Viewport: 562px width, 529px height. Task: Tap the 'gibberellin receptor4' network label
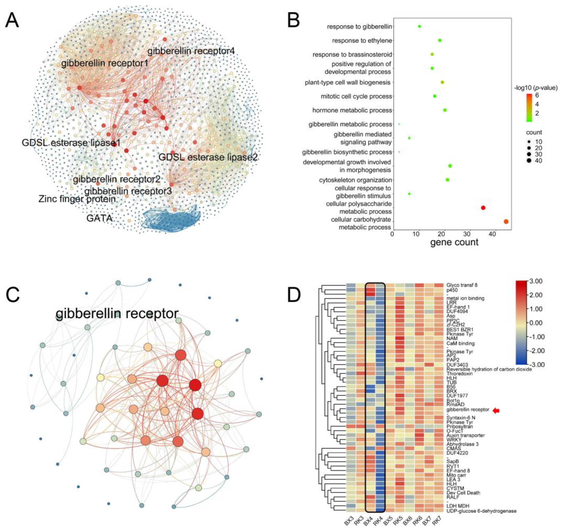[191, 51]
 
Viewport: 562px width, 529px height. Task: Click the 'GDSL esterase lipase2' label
[208, 157]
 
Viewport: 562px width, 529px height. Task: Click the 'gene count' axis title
[454, 242]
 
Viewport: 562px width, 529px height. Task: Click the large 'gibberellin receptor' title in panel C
[117, 314]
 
